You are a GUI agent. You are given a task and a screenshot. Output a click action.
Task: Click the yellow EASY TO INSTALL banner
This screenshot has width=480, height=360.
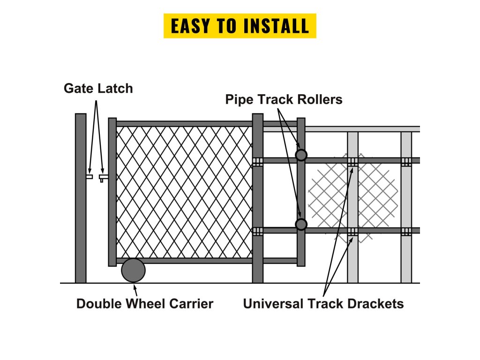240,26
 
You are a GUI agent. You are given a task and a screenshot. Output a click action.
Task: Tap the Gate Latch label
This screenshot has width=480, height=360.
98,88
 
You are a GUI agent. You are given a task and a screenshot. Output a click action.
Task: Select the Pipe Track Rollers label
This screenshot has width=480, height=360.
284,99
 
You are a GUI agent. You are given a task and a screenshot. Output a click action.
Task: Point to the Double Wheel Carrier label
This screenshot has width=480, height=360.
144,304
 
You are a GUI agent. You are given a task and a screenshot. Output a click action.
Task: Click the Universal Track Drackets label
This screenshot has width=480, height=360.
323,304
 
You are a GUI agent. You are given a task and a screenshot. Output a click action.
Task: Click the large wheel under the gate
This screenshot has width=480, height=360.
134,270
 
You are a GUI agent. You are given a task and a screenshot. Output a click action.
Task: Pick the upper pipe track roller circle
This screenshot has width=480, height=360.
301,155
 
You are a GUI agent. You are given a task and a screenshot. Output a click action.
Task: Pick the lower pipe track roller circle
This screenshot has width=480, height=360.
301,225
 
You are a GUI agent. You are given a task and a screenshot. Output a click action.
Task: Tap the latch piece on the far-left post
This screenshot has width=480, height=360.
89,177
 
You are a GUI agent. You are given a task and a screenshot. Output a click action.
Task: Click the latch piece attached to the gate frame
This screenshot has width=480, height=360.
103,177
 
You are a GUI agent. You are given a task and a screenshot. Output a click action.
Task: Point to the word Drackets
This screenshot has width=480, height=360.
375,304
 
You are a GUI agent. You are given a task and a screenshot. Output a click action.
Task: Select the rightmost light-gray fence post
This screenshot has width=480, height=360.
406,206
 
